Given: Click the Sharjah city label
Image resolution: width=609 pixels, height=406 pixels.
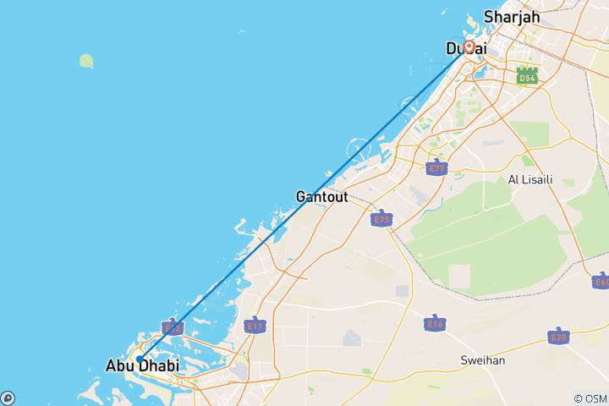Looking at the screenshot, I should pyautogui.click(x=511, y=16).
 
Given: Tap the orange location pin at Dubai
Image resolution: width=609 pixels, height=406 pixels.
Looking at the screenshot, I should pyautogui.click(x=468, y=47).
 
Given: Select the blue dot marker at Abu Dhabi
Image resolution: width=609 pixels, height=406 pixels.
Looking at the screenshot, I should pyautogui.click(x=140, y=359).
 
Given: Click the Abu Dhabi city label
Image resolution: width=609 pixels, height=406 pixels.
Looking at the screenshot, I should pyautogui.click(x=142, y=366).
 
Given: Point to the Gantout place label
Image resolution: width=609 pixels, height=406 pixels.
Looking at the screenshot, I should pyautogui.click(x=323, y=196).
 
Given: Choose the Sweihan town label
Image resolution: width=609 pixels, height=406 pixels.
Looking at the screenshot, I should pyautogui.click(x=483, y=359).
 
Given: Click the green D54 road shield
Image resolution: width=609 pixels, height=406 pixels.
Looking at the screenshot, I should pyautogui.click(x=527, y=76).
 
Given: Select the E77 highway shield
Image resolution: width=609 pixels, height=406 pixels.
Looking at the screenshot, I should pyautogui.click(x=436, y=167).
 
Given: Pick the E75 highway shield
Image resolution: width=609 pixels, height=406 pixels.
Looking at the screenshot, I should pyautogui.click(x=381, y=219).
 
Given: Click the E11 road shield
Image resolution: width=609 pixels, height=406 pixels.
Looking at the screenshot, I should pyautogui.click(x=254, y=325).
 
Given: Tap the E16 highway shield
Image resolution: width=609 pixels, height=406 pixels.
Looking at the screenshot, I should pyautogui.click(x=435, y=322).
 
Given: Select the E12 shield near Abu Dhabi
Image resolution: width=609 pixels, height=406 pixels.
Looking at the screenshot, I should pyautogui.click(x=172, y=326).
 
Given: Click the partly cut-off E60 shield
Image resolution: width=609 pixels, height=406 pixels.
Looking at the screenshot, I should pyautogui.click(x=601, y=282).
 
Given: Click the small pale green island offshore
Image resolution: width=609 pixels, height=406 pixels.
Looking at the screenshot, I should pyautogui.click(x=86, y=60).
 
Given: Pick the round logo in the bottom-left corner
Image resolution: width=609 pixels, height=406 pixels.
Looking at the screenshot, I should pyautogui.click(x=7, y=398).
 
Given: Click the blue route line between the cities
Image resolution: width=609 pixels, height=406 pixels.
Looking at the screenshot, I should pyautogui.click(x=304, y=203).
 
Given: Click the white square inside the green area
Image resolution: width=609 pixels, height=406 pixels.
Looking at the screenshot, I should pyautogui.click(x=458, y=274).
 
